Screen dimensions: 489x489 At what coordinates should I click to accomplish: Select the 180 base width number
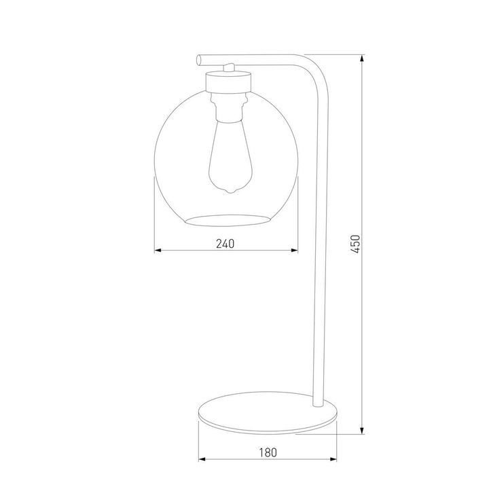268,452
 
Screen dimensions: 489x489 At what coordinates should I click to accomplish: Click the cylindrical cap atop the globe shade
228,82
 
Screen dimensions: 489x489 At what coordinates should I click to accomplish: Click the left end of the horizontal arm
199,59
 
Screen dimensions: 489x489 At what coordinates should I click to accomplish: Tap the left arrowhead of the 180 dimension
201,459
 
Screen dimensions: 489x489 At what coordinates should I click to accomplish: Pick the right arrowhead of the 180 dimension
334,459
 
